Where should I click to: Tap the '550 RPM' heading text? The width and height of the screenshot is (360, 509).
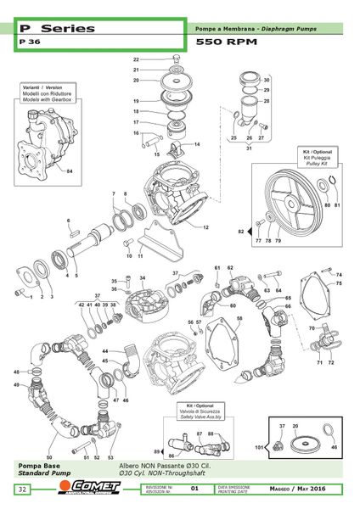tap(223, 41)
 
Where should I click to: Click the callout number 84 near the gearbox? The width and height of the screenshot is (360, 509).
tap(70, 171)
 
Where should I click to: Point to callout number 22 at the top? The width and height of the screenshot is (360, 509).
tap(136, 59)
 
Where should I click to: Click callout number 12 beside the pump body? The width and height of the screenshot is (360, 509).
tap(205, 228)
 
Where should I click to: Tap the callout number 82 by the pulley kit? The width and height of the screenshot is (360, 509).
tap(241, 231)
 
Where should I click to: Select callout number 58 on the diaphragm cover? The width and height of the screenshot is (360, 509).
tap(239, 319)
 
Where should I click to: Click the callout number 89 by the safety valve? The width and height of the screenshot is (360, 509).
tap(158, 451)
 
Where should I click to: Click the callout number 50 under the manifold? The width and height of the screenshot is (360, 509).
tap(49, 457)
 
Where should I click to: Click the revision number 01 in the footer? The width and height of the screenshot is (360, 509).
tap(194, 489)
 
